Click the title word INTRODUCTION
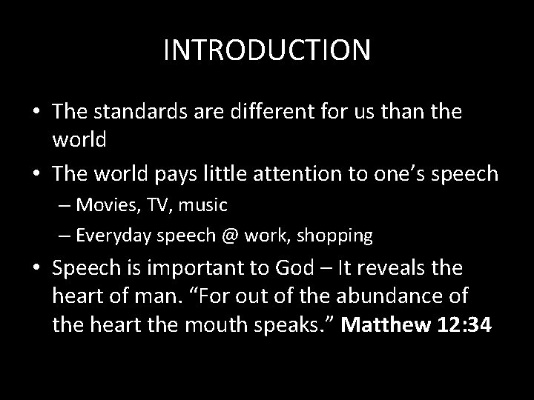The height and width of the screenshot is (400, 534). [267, 50]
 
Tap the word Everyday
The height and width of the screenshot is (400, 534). [110, 236]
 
